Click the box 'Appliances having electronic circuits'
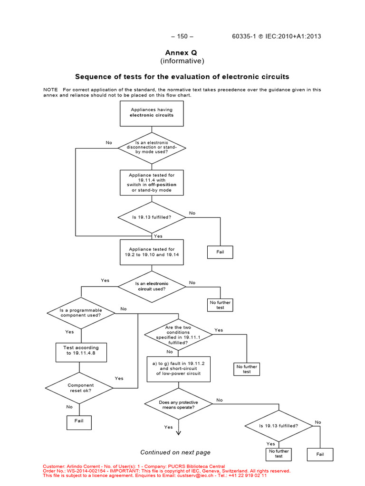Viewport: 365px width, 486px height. click(152, 112)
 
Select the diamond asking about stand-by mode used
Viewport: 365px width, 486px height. click(152, 148)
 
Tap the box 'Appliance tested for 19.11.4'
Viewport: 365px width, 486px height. click(152, 183)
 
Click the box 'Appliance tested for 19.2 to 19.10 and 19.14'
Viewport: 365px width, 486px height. click(152, 252)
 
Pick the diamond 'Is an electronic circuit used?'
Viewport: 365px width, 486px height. click(152, 286)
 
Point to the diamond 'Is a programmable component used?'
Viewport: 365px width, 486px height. click(81, 313)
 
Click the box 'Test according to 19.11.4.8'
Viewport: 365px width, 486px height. click(81, 351)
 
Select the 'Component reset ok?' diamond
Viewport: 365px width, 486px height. click(81, 388)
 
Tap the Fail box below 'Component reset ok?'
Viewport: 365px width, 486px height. click(78, 421)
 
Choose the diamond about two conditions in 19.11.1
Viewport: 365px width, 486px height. click(178, 335)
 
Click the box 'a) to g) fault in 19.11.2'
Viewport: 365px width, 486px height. click(178, 369)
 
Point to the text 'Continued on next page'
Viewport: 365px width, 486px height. click(175, 452)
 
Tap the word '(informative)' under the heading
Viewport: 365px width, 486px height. click(182, 61)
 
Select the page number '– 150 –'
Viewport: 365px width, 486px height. click(182, 37)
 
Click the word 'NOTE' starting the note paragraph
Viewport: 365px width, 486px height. click(50, 89)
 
